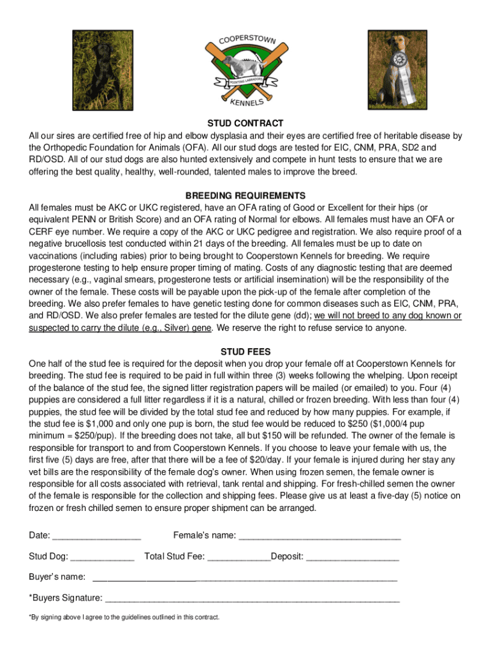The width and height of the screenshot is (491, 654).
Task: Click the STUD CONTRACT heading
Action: pyautogui.click(x=246, y=123)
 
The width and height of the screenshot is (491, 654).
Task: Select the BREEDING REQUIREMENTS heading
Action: pyautogui.click(x=246, y=195)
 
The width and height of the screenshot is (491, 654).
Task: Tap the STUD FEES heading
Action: pyautogui.click(x=246, y=351)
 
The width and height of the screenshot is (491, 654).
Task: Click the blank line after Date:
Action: pyautogui.click(x=96, y=536)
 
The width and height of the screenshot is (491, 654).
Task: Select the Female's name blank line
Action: pyautogui.click(x=319, y=536)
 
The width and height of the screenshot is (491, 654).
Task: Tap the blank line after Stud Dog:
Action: pyautogui.click(x=103, y=557)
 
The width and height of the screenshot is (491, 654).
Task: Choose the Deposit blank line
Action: pyautogui.click(x=353, y=557)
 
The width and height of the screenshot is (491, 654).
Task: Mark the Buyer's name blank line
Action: pyautogui.click(x=245, y=578)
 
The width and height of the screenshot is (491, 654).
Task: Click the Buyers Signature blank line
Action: pyautogui.click(x=252, y=599)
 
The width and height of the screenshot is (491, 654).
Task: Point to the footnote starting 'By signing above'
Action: pyautogui.click(x=124, y=618)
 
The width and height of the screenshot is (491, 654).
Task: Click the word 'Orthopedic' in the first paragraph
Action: pyautogui.click(x=68, y=148)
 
